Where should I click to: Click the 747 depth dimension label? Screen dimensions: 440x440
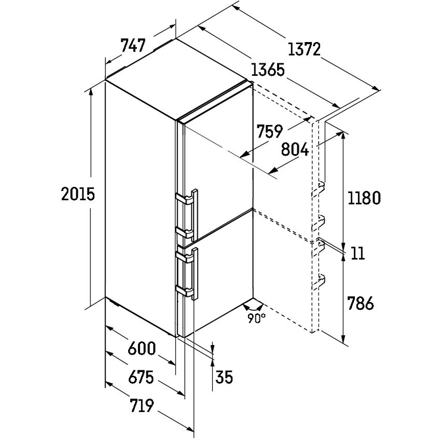pos(133,46)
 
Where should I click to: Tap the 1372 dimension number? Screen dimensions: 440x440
pos(304,49)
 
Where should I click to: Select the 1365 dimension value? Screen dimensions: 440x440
pos(268,70)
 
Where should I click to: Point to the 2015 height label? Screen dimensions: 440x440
pos(78,194)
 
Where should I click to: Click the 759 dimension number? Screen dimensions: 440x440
pos(270,131)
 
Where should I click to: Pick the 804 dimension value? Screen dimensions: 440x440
pos(295,149)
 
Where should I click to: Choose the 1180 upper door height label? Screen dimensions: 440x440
pos(364,198)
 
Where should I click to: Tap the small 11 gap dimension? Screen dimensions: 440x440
pos(357,253)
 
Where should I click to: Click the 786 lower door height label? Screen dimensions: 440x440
pos(361,303)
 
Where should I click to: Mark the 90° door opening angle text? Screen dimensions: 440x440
pos(256,318)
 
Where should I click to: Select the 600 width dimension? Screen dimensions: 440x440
pos(142,348)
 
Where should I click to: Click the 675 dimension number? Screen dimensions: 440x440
pos(141,377)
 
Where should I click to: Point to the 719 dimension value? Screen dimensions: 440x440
pos(142,405)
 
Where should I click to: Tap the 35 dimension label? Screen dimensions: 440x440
pos(224,377)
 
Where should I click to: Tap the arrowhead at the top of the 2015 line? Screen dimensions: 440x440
pos(91,92)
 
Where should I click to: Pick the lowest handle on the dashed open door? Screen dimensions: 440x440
pos(319,282)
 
